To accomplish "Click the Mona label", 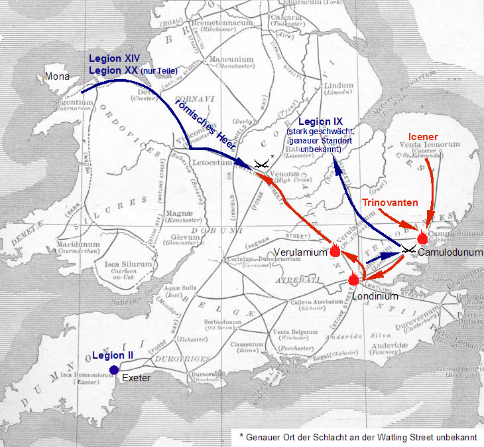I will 57,77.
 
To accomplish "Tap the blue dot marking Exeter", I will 114,370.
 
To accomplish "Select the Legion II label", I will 113,355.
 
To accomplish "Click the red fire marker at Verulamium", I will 335,251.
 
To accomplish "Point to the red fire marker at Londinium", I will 354,279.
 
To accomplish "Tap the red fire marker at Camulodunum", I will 422,238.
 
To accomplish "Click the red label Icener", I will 422,137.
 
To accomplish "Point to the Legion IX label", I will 321,122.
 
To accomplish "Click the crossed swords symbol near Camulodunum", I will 408,249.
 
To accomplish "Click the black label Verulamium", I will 303,252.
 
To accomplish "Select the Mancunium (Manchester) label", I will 231,62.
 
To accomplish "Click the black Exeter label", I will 137,379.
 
